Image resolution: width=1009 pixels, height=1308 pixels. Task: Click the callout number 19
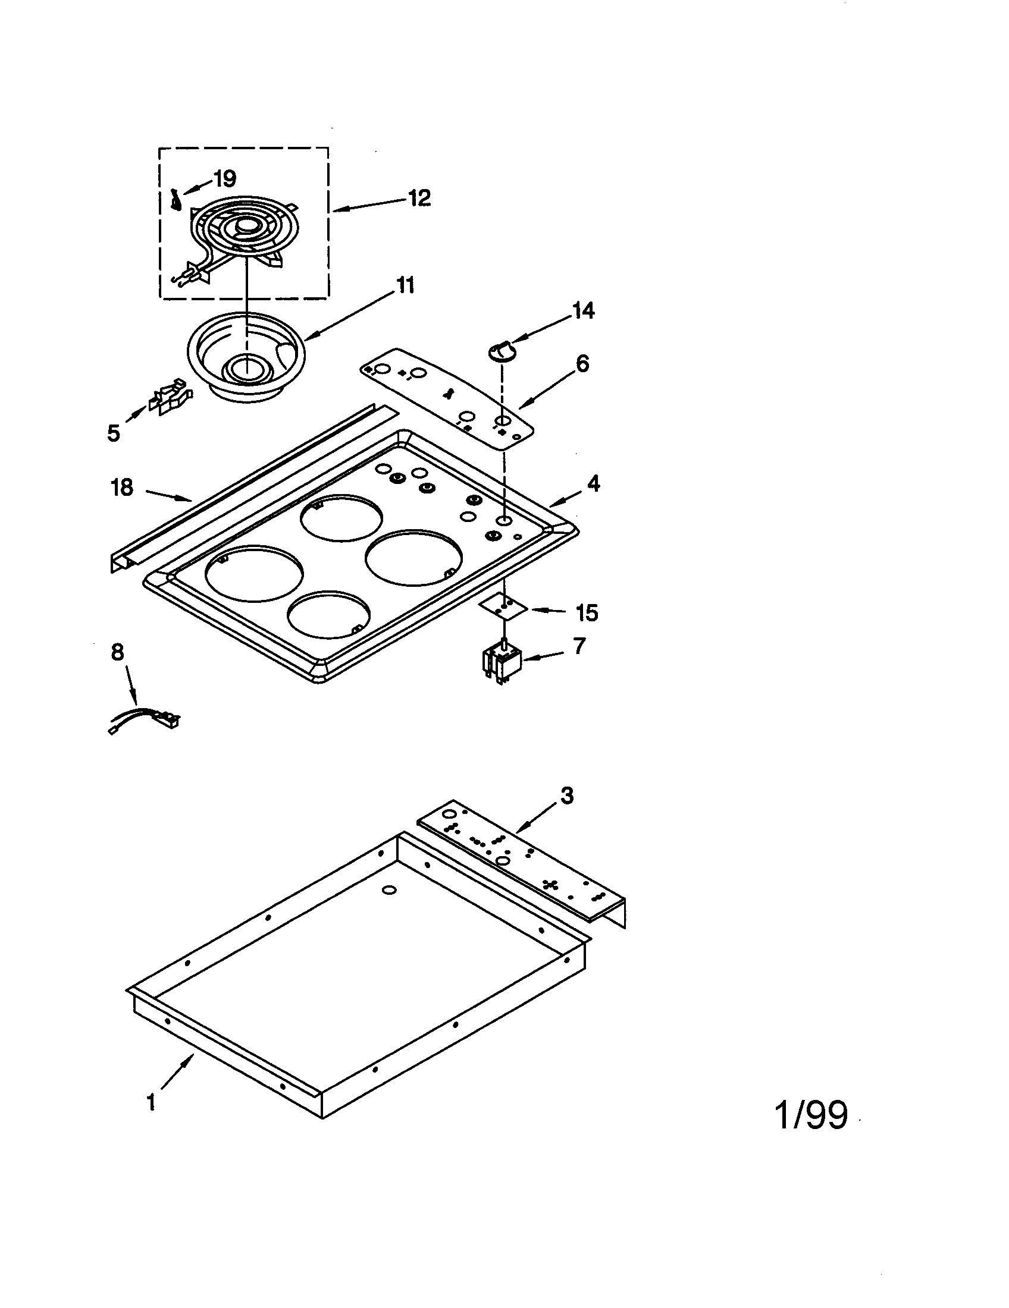[x=225, y=178]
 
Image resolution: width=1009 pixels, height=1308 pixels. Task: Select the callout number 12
[x=419, y=197]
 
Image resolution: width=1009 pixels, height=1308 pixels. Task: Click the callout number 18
[x=121, y=488]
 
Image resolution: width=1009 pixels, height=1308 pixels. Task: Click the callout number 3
[x=566, y=796]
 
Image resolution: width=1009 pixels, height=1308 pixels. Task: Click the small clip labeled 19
[x=176, y=200]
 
